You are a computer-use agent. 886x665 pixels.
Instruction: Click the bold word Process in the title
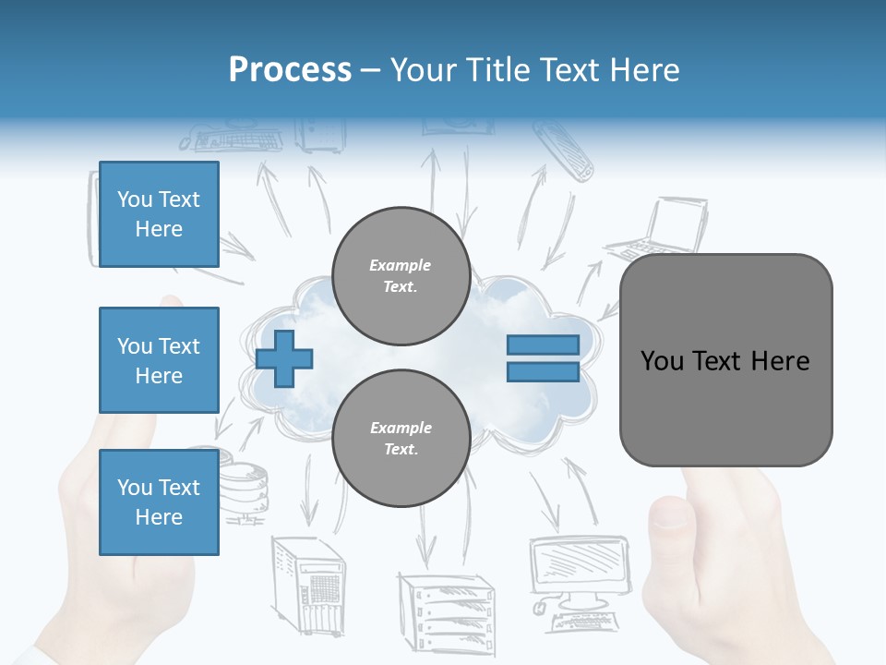290,70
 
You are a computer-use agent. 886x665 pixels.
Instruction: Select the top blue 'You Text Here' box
159,214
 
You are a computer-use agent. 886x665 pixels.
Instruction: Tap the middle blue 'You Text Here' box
159,360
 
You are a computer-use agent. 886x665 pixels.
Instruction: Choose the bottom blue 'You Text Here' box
159,502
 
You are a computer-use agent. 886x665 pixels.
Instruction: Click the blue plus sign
284,357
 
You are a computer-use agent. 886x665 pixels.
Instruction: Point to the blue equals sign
543,358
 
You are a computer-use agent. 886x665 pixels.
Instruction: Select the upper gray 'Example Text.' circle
401,275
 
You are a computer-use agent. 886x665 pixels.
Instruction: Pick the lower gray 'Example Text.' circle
401,438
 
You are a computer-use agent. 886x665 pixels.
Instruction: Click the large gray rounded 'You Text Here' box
725,360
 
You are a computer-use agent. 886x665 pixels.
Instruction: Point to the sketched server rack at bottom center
445,610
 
